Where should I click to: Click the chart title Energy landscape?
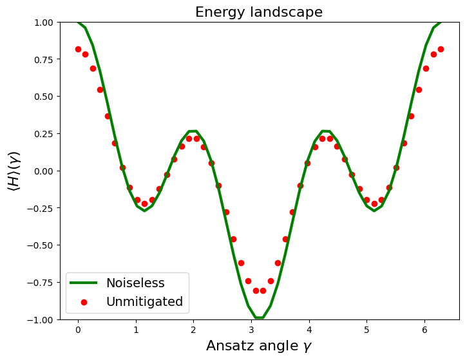click(x=259, y=12)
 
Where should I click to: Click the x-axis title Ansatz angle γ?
click(x=259, y=346)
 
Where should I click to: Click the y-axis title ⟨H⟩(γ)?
click(x=14, y=171)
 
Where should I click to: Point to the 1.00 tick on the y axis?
click(x=43, y=23)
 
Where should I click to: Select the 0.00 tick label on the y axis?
click(x=43, y=171)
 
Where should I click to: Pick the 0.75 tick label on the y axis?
click(x=43, y=60)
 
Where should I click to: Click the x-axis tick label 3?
click(x=251, y=330)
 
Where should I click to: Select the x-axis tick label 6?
click(x=424, y=330)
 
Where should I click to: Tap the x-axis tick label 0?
click(x=78, y=330)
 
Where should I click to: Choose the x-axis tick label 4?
click(x=309, y=330)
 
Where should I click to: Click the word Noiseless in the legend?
click(x=135, y=283)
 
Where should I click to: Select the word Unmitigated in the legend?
click(x=144, y=301)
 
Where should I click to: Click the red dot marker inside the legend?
click(x=84, y=302)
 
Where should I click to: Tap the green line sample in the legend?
click(x=83, y=283)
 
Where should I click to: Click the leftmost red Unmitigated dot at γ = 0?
click(x=78, y=49)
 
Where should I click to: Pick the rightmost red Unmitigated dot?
click(x=441, y=49)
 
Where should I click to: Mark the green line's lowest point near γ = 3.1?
click(x=260, y=318)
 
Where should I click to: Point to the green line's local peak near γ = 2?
click(x=193, y=131)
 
